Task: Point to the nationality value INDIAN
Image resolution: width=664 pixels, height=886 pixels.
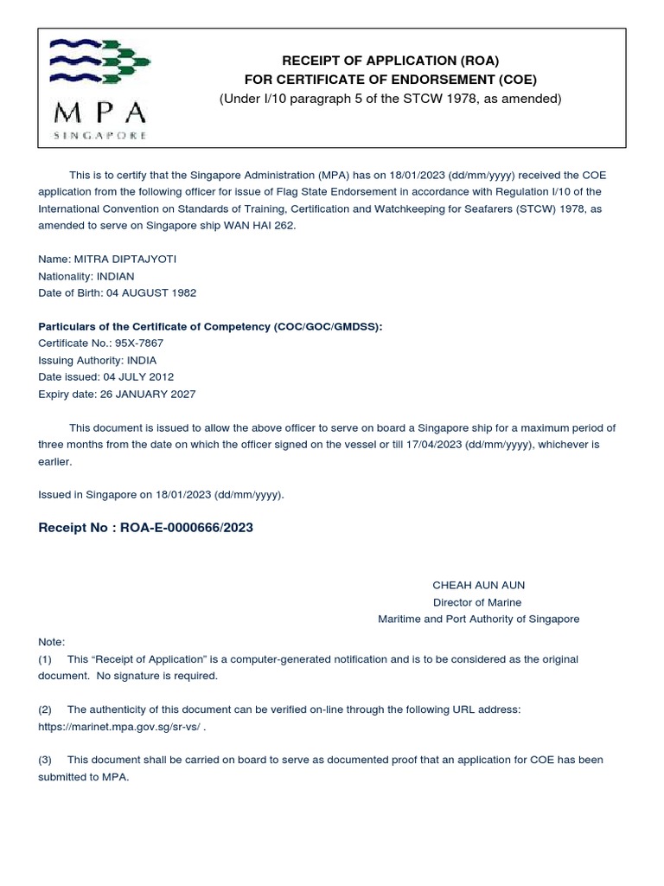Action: (116, 276)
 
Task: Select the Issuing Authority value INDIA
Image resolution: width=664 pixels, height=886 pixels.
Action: (144, 360)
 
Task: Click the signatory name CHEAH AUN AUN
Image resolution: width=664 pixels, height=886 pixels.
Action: (478, 585)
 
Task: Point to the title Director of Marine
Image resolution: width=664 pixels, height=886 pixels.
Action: (477, 602)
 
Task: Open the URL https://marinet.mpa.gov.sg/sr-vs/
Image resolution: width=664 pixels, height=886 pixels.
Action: (120, 726)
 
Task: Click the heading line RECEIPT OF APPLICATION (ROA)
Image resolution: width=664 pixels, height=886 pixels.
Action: (391, 61)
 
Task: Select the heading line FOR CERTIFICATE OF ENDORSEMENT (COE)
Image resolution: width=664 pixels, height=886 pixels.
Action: (391, 80)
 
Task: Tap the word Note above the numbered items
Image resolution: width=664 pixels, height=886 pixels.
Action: (51, 641)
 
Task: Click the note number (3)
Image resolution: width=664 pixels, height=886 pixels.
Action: (45, 760)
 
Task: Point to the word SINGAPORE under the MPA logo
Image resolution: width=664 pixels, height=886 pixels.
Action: (100, 136)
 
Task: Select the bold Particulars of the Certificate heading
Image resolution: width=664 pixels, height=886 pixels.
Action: (210, 326)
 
